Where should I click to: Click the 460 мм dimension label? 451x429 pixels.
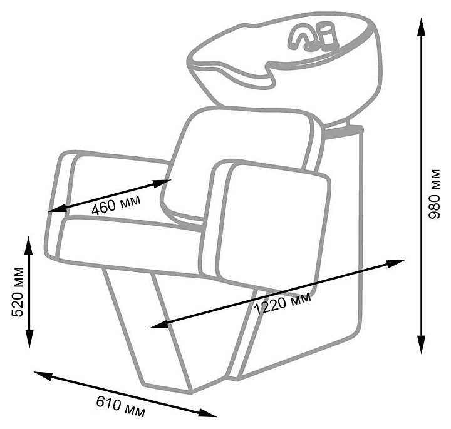117,204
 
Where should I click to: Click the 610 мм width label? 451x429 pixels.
121,406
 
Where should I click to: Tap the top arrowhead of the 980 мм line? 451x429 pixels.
419,23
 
